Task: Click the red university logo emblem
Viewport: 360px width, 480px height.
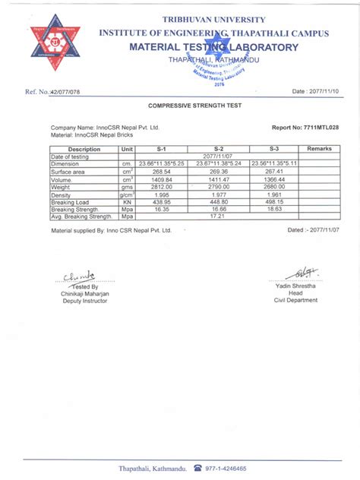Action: pyautogui.click(x=55, y=48)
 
